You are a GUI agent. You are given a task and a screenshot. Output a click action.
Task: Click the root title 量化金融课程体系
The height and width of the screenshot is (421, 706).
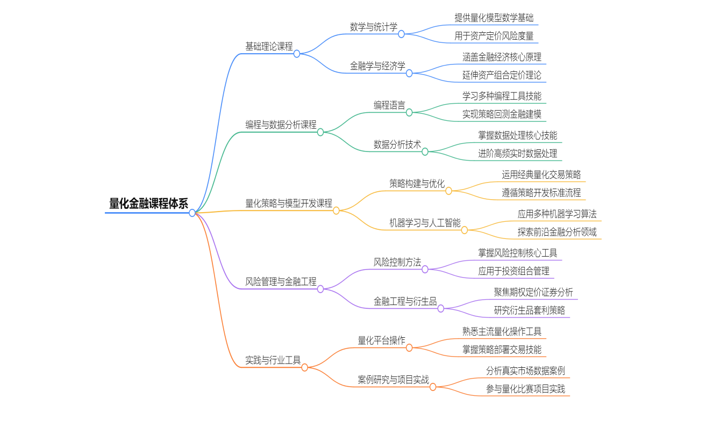click(x=148, y=204)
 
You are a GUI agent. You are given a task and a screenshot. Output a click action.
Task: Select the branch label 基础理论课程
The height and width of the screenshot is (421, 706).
click(x=269, y=46)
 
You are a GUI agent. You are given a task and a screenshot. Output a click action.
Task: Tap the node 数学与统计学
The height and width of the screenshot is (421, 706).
click(x=374, y=26)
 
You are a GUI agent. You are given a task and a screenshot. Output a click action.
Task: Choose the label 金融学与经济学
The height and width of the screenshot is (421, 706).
click(x=377, y=66)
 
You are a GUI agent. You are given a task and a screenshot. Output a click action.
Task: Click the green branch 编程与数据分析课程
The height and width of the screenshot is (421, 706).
click(x=281, y=125)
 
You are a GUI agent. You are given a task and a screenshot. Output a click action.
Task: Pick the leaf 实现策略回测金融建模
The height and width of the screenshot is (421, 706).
click(x=502, y=114)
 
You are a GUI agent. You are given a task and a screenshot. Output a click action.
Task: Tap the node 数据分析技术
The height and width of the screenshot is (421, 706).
click(x=397, y=144)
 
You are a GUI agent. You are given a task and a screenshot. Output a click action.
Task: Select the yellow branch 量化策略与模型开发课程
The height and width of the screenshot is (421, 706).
click(x=289, y=203)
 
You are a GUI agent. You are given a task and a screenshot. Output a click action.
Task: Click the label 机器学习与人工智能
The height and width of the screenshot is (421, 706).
click(x=425, y=222)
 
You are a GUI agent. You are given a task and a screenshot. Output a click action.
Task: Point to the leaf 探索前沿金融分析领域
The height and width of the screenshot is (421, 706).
click(x=557, y=232)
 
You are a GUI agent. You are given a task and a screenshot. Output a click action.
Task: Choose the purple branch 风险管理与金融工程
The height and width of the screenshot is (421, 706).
click(x=281, y=281)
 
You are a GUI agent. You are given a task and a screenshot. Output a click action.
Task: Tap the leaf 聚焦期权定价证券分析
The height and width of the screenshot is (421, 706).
click(x=533, y=292)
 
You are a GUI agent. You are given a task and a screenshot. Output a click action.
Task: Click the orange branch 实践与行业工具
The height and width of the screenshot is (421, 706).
click(x=273, y=360)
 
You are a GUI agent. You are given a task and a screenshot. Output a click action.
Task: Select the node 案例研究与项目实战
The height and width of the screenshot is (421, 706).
click(x=394, y=380)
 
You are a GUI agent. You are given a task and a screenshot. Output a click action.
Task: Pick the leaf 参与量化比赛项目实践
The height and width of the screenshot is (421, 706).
click(x=525, y=389)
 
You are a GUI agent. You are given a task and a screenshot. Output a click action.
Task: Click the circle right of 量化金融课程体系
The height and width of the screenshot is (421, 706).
click(x=192, y=213)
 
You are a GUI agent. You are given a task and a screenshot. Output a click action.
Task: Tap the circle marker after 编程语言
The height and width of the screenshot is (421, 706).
click(x=409, y=113)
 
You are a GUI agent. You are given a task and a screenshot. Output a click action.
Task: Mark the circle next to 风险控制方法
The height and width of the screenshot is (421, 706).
click(x=425, y=270)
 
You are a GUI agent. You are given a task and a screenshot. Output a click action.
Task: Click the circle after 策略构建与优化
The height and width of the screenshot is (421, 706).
click(x=448, y=191)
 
